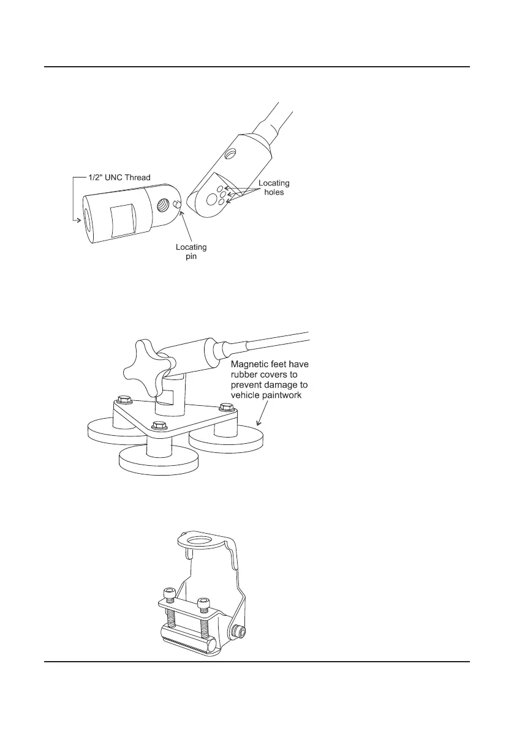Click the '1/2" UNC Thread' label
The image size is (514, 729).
click(116, 178)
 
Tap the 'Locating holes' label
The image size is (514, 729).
click(273, 188)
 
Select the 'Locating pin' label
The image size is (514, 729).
click(191, 252)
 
